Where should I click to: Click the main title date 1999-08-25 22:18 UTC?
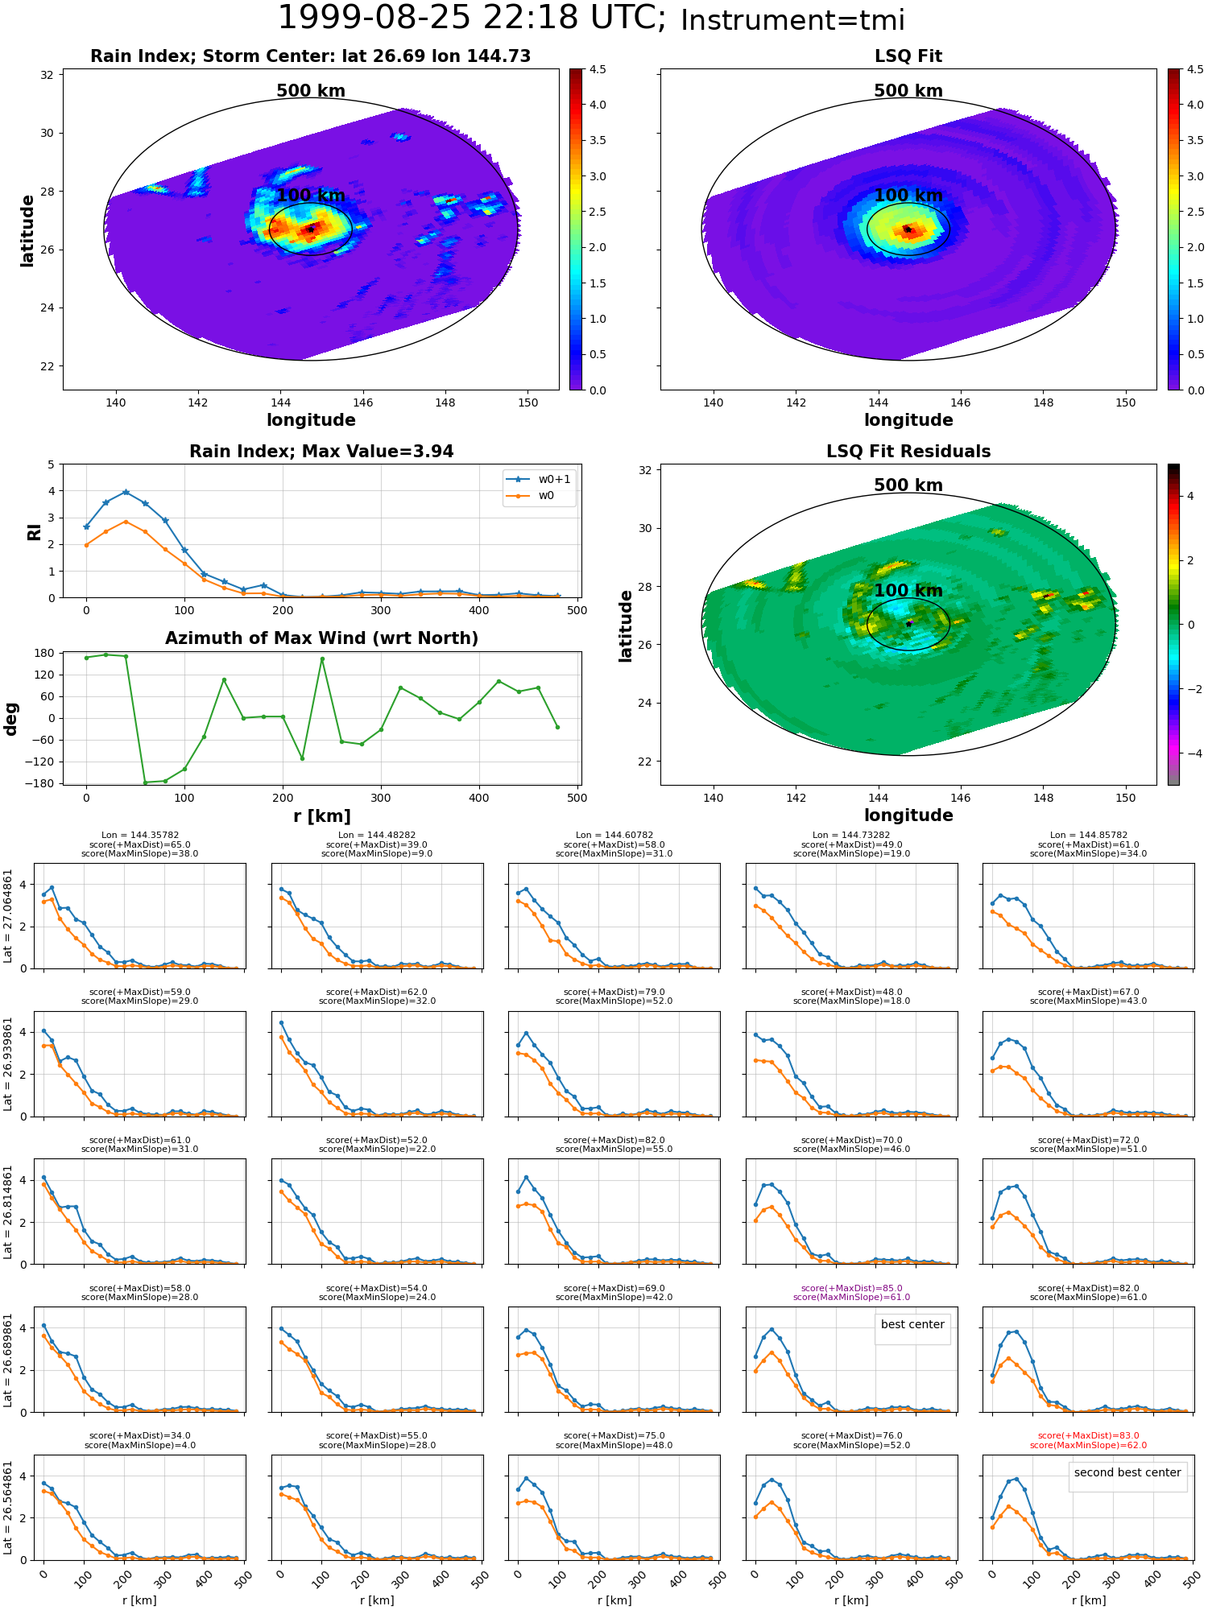471,19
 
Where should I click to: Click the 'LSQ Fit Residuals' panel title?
908,452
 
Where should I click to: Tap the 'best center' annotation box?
912,1324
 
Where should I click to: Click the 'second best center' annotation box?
1127,1472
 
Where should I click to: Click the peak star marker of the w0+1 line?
126,492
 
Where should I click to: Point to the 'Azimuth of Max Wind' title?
321,638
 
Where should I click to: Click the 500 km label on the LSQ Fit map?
908,91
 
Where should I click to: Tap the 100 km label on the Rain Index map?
311,196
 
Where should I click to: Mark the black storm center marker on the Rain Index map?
311,229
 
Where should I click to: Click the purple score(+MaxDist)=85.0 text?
851,1289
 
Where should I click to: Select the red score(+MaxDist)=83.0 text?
1088,1436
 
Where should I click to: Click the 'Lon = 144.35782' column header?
140,836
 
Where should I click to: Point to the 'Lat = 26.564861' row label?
8,1508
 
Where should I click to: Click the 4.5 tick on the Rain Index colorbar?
598,70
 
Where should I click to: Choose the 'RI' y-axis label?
35,532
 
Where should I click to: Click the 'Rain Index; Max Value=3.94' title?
321,452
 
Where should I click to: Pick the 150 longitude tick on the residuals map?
1125,798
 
